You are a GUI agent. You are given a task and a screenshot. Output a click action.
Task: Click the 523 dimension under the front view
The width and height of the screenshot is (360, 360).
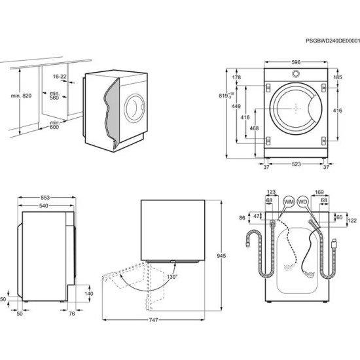tap(297, 165)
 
